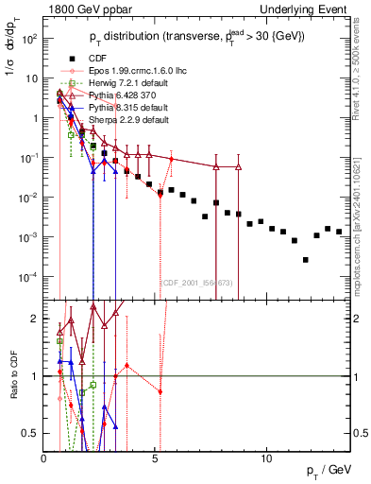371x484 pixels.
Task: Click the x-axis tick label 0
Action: (44, 458)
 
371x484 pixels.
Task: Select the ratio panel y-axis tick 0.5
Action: (32, 433)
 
